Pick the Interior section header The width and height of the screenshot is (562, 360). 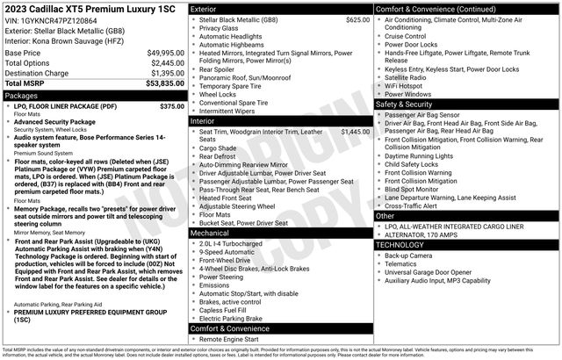[x=203, y=121]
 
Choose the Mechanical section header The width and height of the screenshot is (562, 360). [x=209, y=234]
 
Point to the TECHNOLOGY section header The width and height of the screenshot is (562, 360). [x=400, y=245]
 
